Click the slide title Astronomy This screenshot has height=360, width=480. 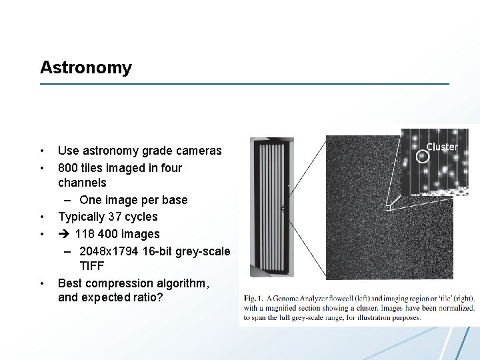click(86, 67)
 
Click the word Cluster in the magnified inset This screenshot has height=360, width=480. click(442, 147)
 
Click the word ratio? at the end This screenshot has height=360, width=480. click(147, 297)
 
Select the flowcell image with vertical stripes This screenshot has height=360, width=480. click(271, 207)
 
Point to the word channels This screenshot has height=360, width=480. click(82, 182)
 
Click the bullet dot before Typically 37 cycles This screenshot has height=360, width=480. click(41, 217)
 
